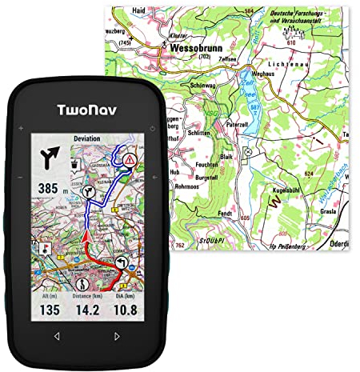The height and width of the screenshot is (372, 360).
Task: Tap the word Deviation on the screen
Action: [86, 138]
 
